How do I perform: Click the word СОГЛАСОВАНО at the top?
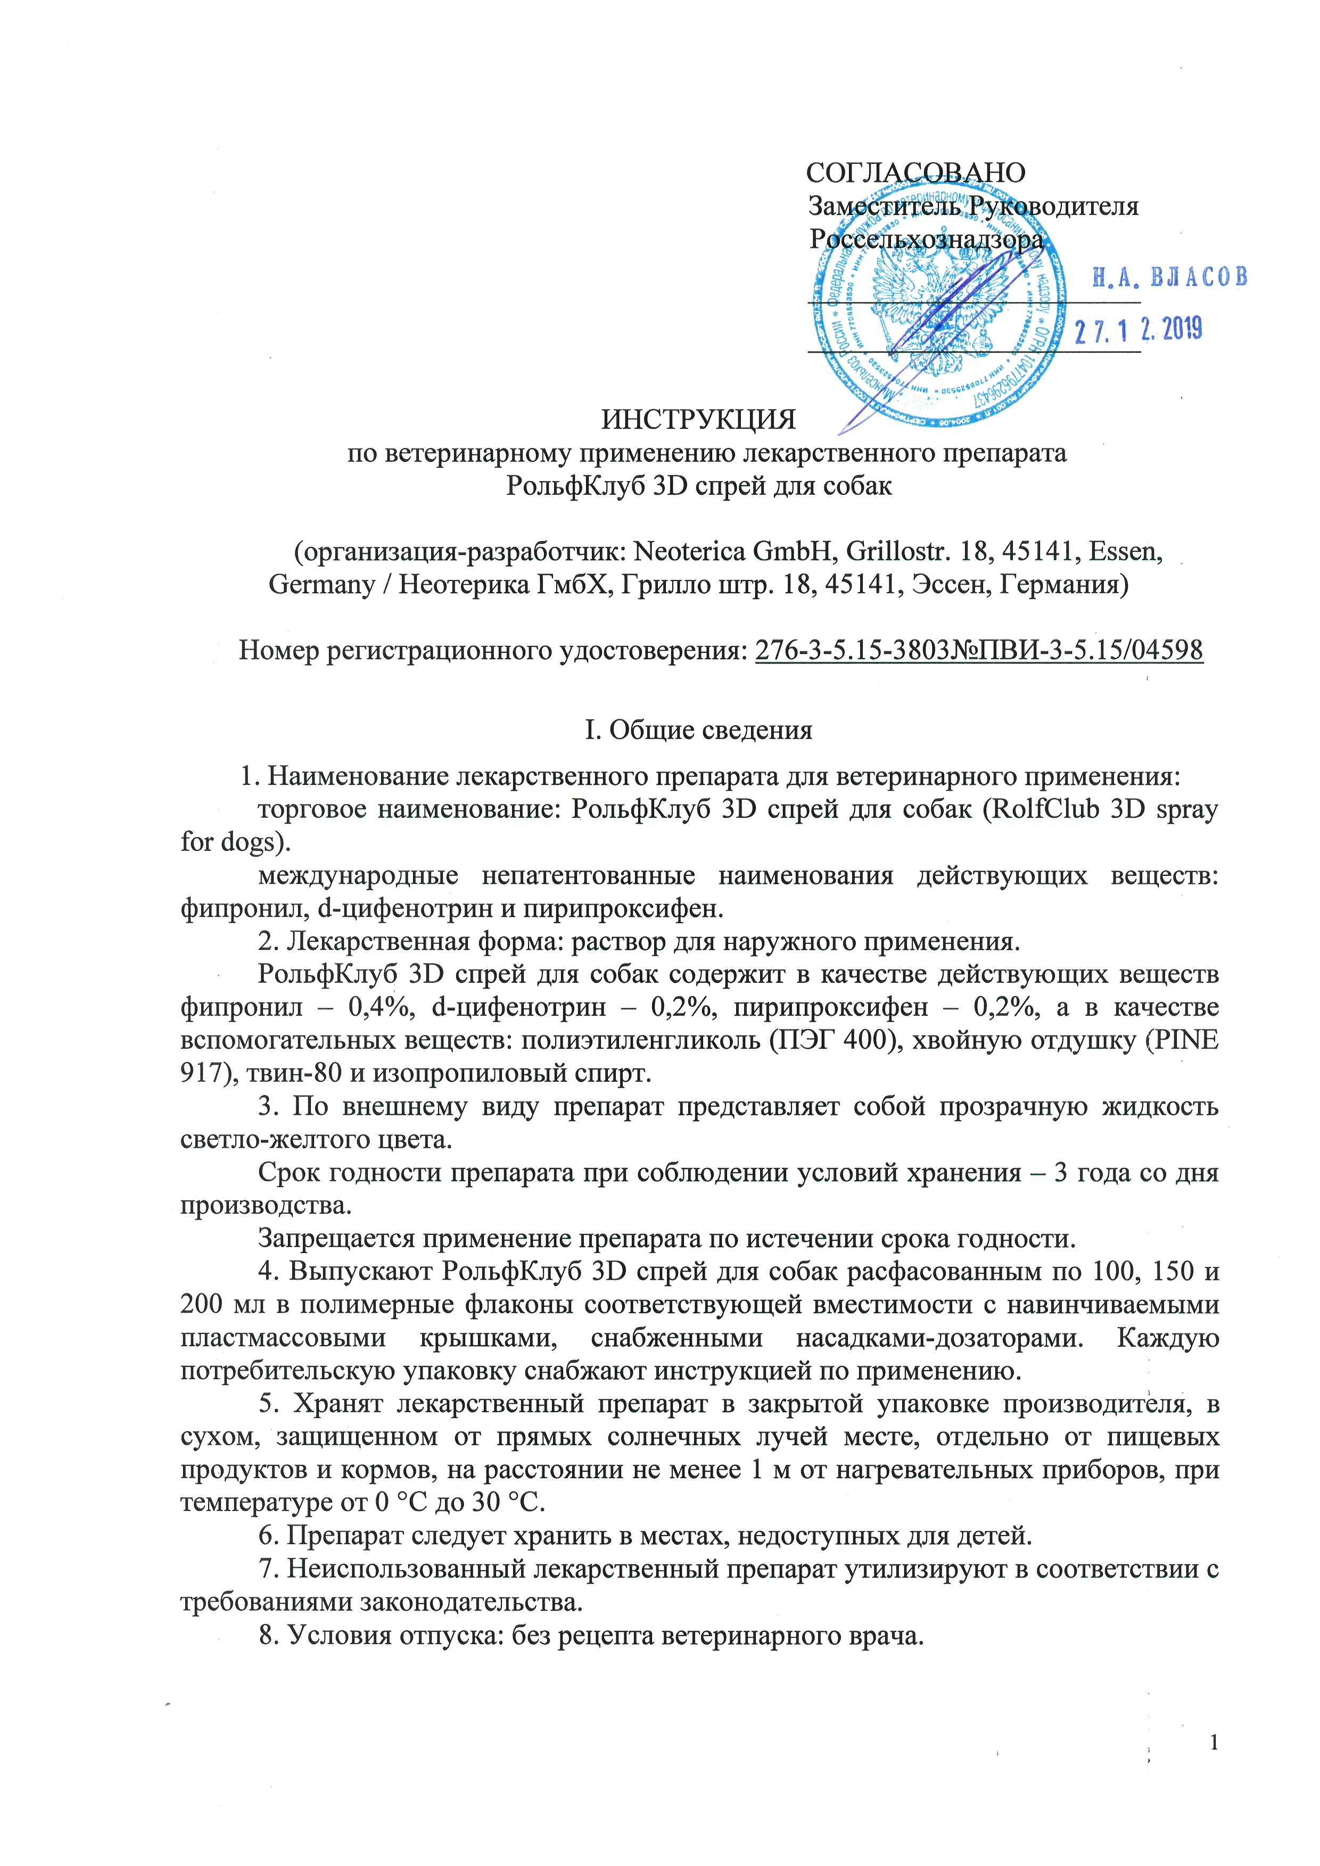pyautogui.click(x=915, y=172)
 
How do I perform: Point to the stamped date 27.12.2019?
pyautogui.click(x=1138, y=330)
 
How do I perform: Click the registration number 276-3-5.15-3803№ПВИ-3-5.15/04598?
pyautogui.click(x=979, y=650)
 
